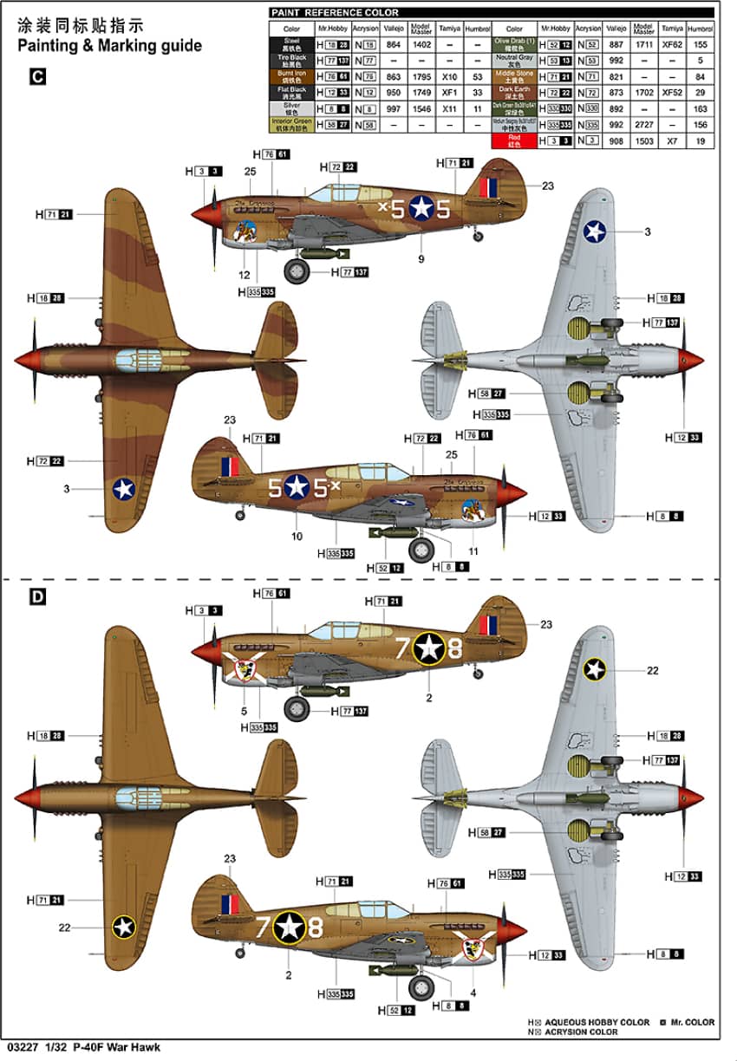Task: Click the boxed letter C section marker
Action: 36,76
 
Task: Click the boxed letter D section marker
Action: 36,597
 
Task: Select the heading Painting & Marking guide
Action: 109,46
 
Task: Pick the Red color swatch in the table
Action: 514,140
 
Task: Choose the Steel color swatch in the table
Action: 291,43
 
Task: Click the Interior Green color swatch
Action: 291,125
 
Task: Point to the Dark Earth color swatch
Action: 514,92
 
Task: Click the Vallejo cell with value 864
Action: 394,44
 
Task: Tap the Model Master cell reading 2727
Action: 643,125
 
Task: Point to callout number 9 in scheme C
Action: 421,258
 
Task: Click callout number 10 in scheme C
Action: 297,537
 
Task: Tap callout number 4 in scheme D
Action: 473,993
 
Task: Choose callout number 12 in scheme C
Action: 245,275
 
